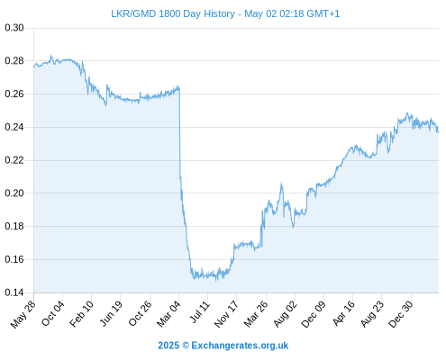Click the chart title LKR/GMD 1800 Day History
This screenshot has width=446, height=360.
pos(173,13)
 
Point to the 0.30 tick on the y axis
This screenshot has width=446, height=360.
pos(14,28)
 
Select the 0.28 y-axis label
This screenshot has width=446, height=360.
pos(14,61)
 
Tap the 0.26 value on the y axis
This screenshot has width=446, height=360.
pos(14,94)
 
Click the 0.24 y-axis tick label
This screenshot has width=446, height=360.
pos(14,127)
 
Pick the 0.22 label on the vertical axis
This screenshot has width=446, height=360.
pos(14,160)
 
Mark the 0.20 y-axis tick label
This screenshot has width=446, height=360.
pos(14,193)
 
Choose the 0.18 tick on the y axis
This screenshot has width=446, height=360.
pos(14,226)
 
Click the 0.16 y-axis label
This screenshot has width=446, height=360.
pos(14,259)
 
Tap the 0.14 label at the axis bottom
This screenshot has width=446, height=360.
pos(14,292)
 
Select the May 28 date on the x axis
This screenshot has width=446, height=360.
pos(23,314)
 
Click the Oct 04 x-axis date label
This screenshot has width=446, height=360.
pos(53,313)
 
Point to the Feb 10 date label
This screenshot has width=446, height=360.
pos(81,314)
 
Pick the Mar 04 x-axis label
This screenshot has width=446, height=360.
pos(168,314)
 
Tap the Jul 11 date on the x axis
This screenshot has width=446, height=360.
pos(200,312)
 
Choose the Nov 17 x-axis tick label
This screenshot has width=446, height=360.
pos(226,314)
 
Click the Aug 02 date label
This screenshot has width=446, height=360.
pos(285,314)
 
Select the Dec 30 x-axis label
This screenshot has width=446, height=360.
pos(401,314)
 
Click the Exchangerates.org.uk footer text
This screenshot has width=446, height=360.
pos(240,346)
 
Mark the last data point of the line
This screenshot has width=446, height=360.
pos(438,132)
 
